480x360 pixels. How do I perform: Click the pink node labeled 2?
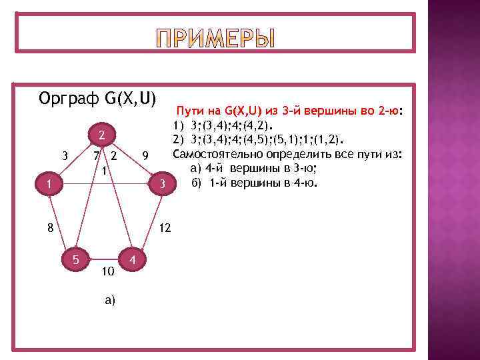click(x=101, y=136)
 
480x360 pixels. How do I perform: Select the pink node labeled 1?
click(x=41, y=183)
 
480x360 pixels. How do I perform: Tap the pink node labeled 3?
click(x=161, y=183)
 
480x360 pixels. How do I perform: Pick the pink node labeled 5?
click(x=77, y=259)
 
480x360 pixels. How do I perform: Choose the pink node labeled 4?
click(x=134, y=259)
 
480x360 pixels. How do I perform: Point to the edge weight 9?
click(x=145, y=157)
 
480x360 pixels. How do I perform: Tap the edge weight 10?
click(x=107, y=271)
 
